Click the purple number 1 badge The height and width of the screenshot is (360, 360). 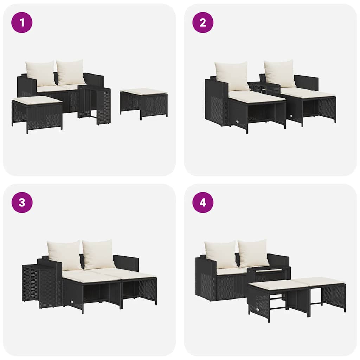(x=22, y=22)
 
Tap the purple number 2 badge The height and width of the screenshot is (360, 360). (x=203, y=22)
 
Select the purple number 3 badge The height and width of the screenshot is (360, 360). (x=22, y=202)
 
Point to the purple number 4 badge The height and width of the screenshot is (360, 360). (x=203, y=202)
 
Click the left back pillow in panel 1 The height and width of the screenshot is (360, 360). (x=41, y=73)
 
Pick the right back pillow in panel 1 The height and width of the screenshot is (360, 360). (x=71, y=72)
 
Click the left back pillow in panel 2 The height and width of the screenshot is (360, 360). (x=232, y=76)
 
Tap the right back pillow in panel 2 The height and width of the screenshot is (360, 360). (x=280, y=73)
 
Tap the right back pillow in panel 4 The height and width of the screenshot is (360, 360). (x=253, y=253)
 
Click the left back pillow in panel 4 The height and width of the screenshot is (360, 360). (x=221, y=254)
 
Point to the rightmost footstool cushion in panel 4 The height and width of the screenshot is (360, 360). (x=319, y=281)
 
